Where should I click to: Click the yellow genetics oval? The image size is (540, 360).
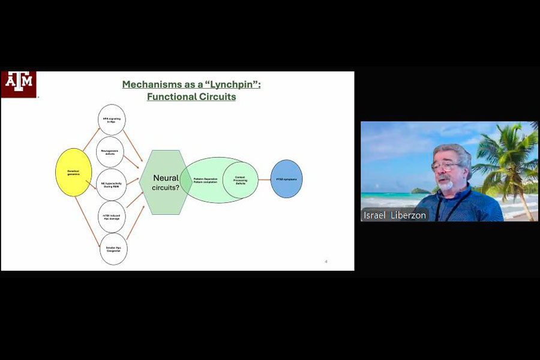click(x=73, y=172)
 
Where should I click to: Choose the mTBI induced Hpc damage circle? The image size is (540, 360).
click(x=113, y=217)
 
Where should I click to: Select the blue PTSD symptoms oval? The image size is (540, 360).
click(x=286, y=179)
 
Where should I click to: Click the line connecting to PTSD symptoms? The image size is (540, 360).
click(x=264, y=179)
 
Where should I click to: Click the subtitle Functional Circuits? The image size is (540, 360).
click(x=191, y=97)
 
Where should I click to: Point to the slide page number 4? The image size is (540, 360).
click(x=326, y=261)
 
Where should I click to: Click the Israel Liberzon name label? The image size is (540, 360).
click(x=395, y=215)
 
